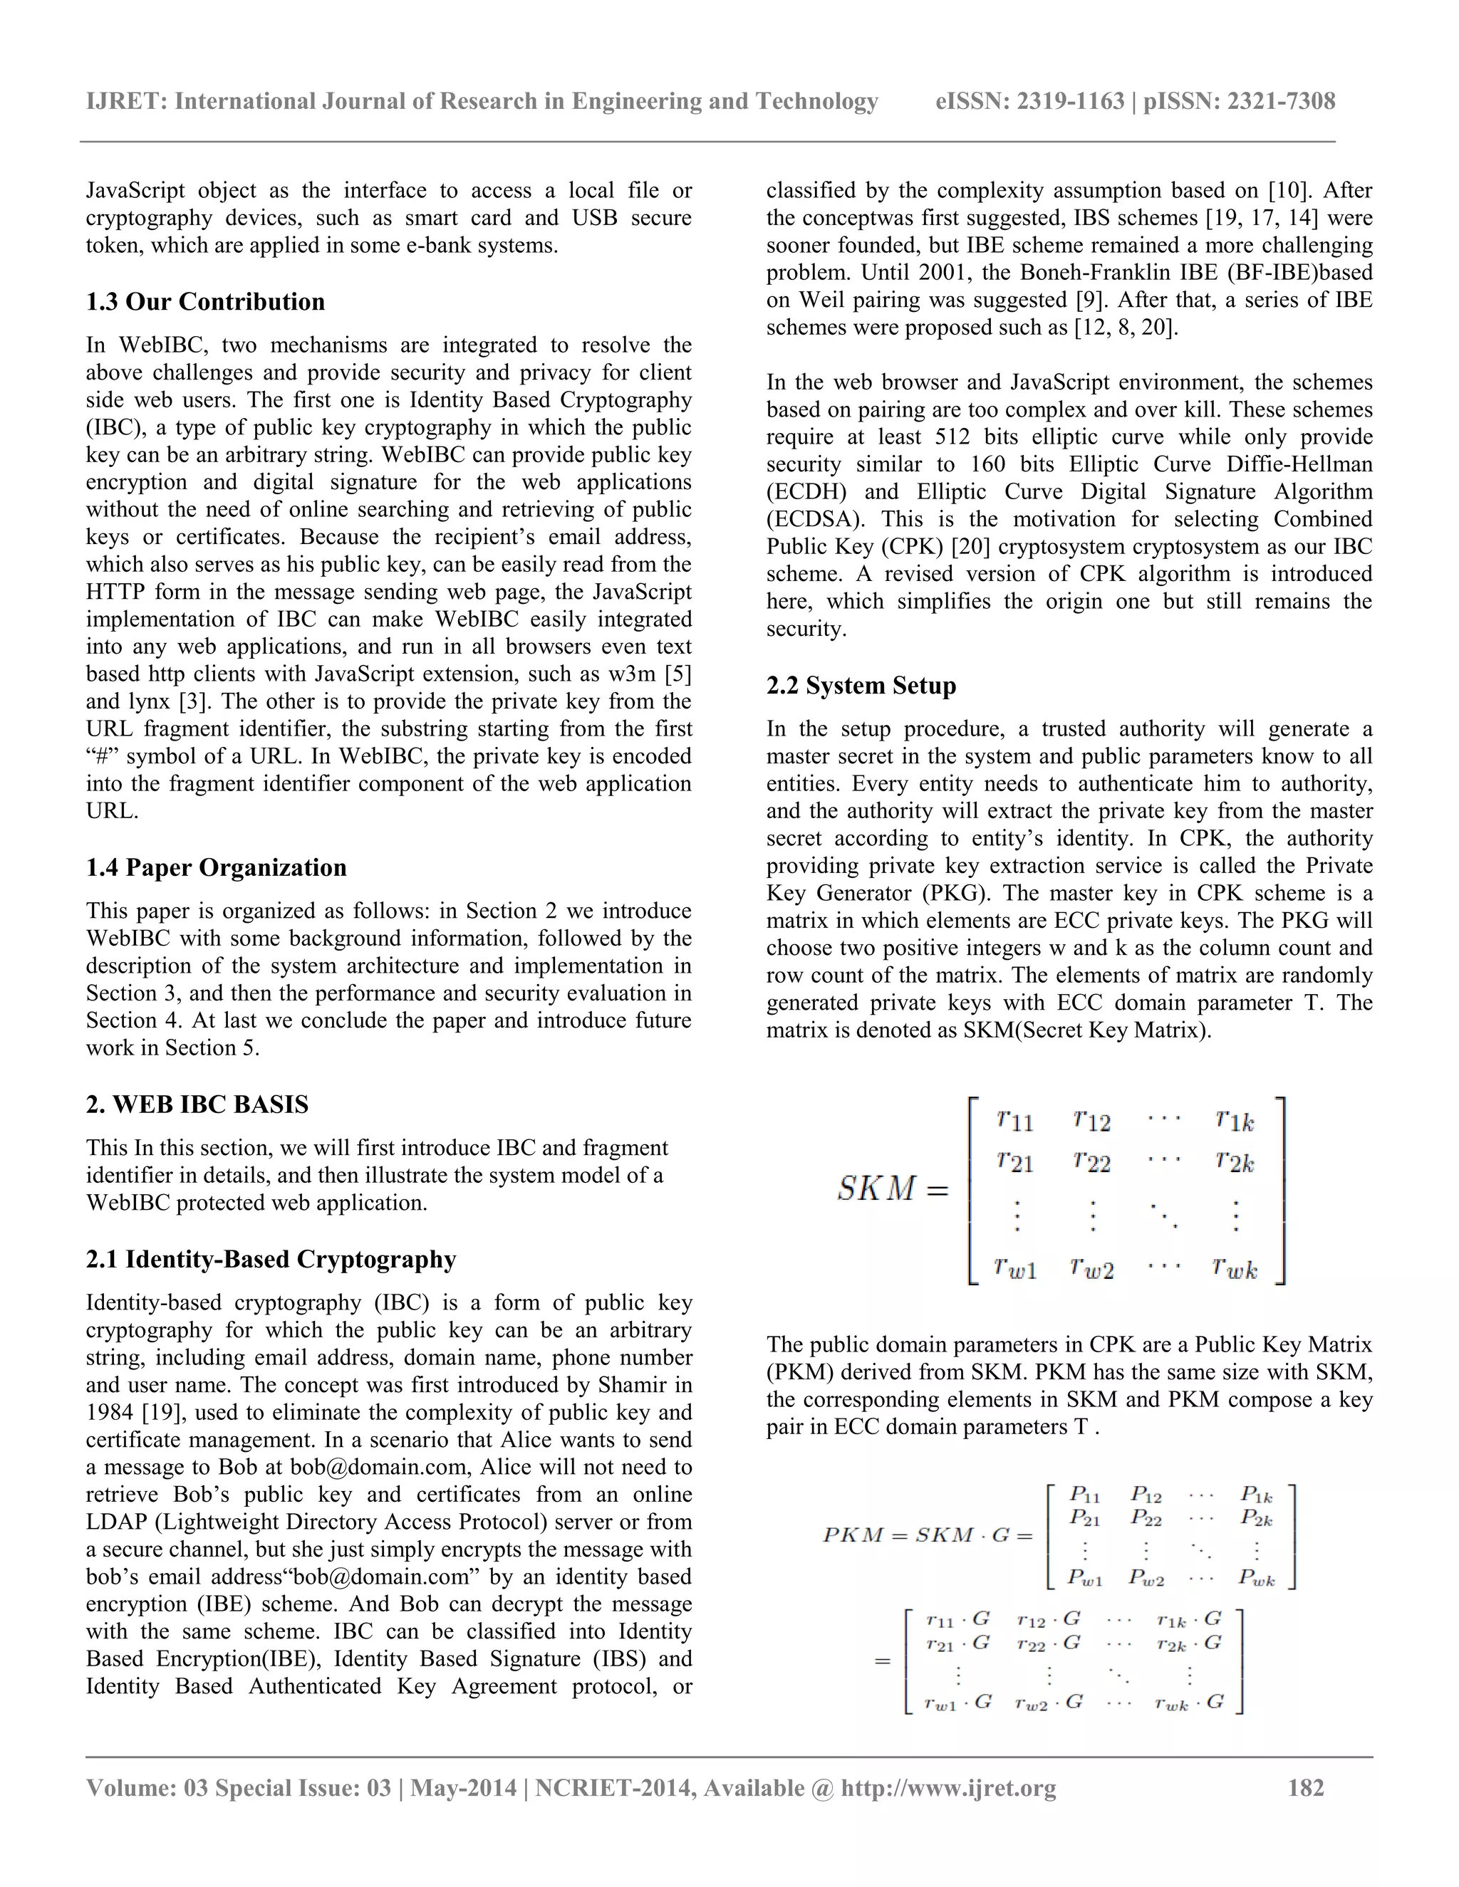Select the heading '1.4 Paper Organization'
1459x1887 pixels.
[x=215, y=867]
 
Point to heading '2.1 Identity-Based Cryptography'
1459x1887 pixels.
[x=271, y=1259]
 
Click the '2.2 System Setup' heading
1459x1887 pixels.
[x=861, y=685]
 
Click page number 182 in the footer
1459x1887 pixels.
[x=1305, y=1787]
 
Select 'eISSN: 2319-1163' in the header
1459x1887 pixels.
[x=1029, y=101]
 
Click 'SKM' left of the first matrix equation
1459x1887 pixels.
[x=876, y=1189]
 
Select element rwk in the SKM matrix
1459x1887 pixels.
[x=1233, y=1267]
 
